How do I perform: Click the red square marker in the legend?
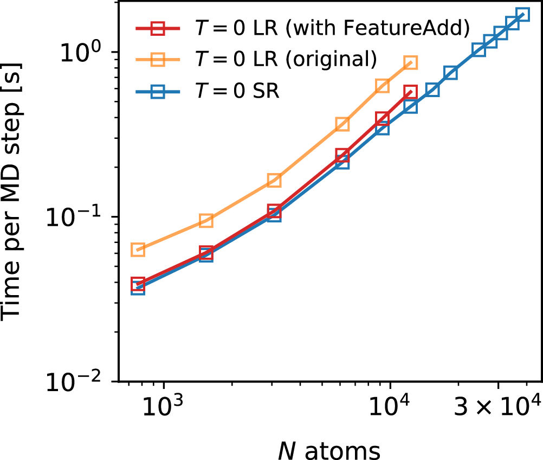pos(158,28)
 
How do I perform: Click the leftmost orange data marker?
pos(138,250)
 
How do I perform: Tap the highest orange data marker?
pos(410,63)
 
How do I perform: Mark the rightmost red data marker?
pos(410,92)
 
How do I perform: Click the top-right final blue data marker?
pos(522,15)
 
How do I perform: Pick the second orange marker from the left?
pos(206,220)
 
